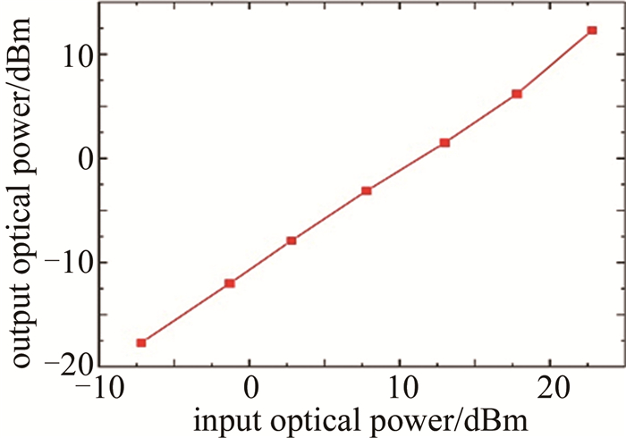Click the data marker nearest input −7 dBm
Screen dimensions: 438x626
coord(140,342)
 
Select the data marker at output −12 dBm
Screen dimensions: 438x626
coord(229,283)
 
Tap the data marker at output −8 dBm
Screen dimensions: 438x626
coord(291,240)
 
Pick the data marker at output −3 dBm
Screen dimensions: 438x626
coord(366,190)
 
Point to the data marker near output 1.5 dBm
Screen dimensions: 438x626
coord(444,143)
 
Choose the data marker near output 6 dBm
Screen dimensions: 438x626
coord(516,94)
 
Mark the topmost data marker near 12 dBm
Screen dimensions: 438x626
coord(591,30)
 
